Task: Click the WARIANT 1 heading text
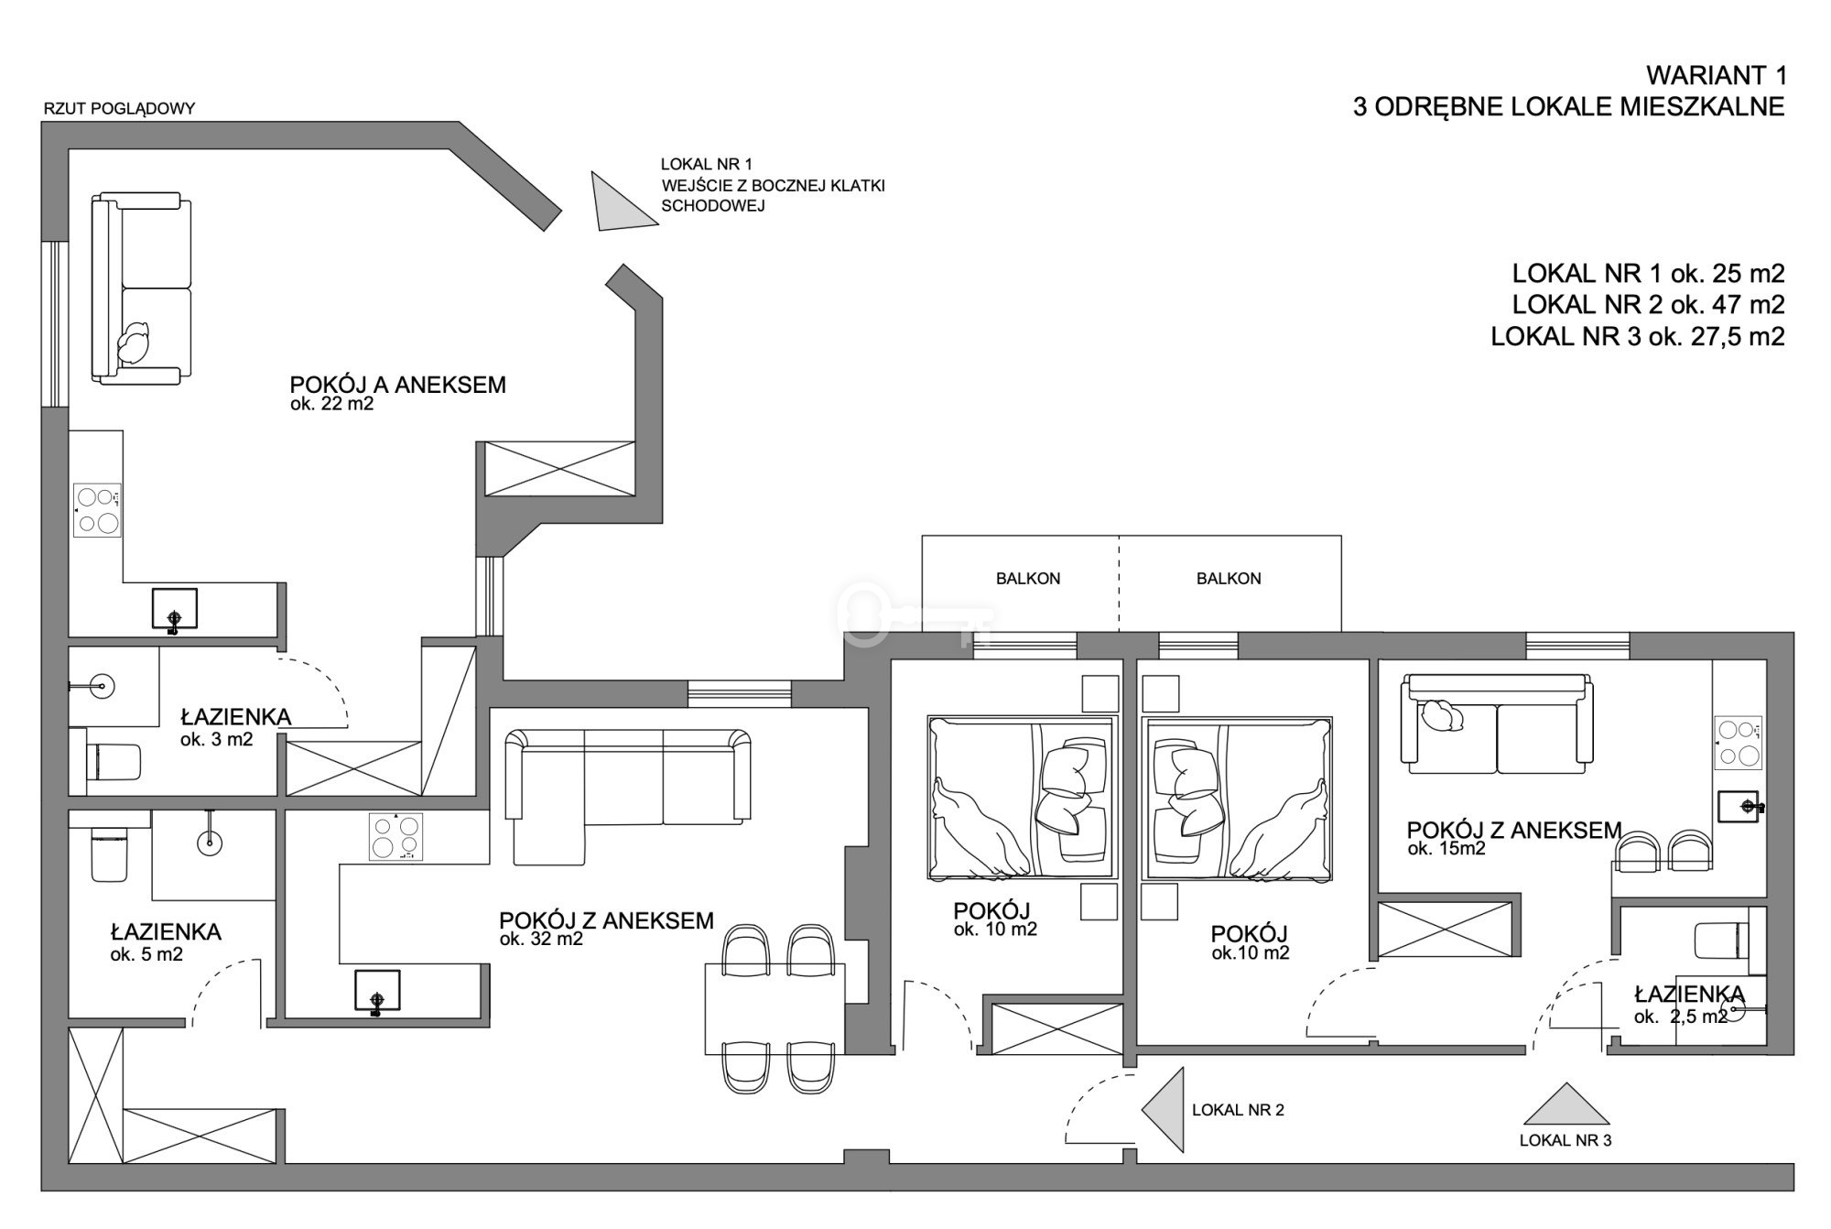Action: (x=1715, y=75)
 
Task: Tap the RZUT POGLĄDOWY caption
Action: (x=119, y=109)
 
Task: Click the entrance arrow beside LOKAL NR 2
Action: (x=1162, y=1109)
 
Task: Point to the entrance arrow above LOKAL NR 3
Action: (x=1566, y=1105)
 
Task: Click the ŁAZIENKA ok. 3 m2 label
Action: (x=235, y=726)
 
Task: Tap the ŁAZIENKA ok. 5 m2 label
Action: (x=166, y=942)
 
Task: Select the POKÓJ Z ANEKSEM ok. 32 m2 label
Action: (x=606, y=928)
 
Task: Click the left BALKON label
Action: (x=1028, y=579)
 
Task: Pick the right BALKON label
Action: (x=1229, y=579)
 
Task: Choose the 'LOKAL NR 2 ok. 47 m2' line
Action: (x=1648, y=304)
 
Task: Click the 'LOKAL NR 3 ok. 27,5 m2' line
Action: (x=1638, y=336)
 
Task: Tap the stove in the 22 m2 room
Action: (x=97, y=510)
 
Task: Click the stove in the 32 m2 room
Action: (x=396, y=837)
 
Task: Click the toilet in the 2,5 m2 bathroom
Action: (x=1722, y=941)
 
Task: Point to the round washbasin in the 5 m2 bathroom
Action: (x=211, y=841)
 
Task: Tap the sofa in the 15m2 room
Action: (x=1496, y=723)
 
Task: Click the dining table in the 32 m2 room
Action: (x=775, y=1008)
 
